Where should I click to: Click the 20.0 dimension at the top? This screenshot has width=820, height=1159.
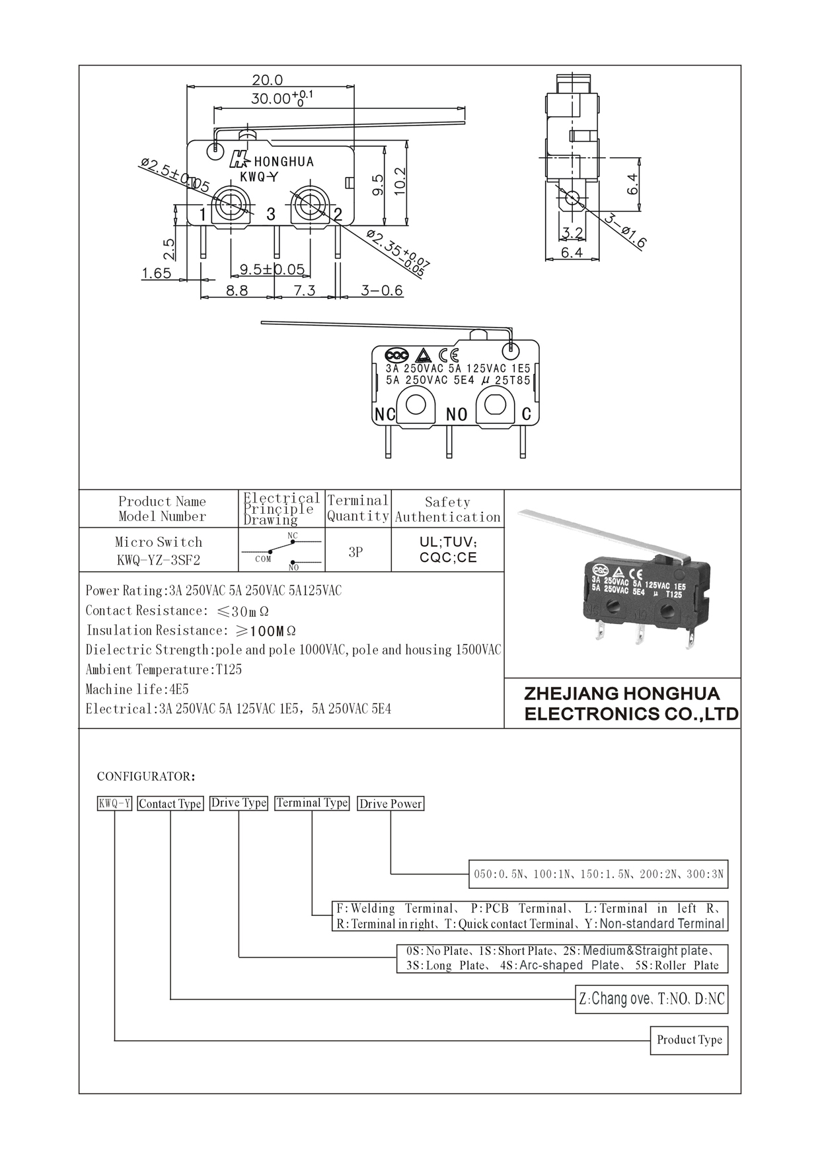pos(267,80)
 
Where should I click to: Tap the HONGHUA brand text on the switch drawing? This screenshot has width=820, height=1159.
pos(283,162)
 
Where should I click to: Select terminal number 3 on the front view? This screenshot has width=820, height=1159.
pos(270,214)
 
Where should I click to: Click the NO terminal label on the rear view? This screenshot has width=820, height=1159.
pos(457,415)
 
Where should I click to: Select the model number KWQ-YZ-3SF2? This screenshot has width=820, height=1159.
pos(158,561)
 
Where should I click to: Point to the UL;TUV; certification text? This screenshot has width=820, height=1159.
pos(448,542)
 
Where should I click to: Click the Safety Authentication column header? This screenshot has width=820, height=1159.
pos(447,510)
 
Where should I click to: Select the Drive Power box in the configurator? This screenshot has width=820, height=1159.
pos(390,804)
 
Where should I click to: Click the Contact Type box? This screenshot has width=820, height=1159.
pos(170,804)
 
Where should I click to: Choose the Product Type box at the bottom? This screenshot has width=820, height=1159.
pos(689,1040)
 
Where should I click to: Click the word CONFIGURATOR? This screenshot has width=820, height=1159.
pos(146,776)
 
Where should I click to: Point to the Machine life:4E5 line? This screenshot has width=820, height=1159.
pos(137,689)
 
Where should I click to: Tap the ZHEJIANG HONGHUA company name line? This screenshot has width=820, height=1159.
pos(622,694)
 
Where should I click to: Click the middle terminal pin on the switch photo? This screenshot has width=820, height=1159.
pos(640,635)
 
